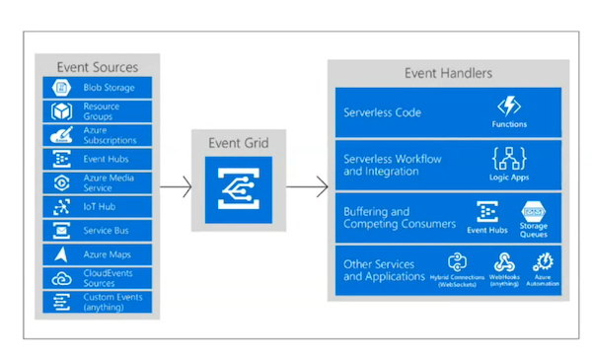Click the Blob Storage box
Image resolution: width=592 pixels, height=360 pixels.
(97, 88)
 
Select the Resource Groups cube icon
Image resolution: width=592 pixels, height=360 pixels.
(61, 111)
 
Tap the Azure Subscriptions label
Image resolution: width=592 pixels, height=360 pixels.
(110, 135)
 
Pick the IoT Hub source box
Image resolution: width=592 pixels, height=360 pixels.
(97, 207)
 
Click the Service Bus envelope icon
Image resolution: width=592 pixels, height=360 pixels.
(61, 231)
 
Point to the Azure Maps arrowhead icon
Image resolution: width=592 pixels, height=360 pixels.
(61, 254)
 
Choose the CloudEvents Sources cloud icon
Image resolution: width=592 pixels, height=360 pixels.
(61, 279)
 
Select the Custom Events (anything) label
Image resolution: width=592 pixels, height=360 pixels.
(112, 302)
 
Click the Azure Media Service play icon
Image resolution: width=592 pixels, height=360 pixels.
(61, 183)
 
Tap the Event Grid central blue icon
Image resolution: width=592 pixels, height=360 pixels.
(239, 189)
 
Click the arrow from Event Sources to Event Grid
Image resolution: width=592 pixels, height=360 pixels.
(176, 186)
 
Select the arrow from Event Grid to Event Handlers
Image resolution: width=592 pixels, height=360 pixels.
(307, 186)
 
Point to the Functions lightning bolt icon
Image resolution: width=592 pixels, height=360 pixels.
(509, 107)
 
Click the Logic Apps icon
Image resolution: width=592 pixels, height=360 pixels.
(509, 159)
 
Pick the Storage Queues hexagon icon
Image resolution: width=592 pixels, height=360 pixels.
(533, 211)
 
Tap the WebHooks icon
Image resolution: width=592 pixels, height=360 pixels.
(504, 262)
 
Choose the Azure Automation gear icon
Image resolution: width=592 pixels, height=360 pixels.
(544, 262)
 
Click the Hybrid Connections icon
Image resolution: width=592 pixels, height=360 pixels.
(457, 262)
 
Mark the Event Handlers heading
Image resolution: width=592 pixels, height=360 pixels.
(448, 73)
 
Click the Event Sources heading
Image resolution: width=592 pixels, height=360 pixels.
(98, 67)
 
